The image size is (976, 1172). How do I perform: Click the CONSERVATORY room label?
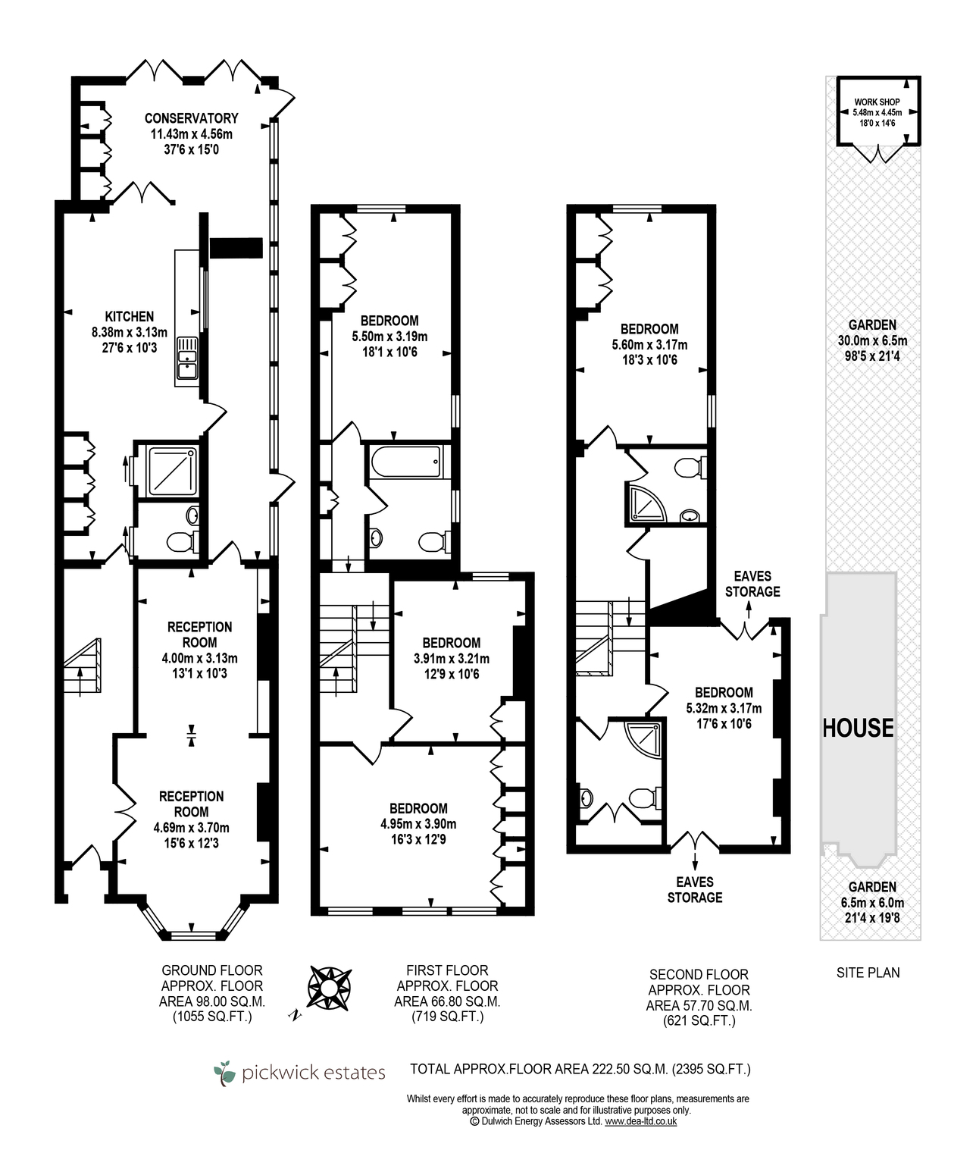point(192,118)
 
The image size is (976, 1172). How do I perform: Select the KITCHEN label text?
point(129,317)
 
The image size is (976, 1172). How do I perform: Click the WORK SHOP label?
point(877,102)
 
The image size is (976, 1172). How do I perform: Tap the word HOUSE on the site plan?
point(858,728)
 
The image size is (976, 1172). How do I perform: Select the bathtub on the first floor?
point(406,462)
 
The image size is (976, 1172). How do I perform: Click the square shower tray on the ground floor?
point(172,471)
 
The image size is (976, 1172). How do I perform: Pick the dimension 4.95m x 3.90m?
point(418,824)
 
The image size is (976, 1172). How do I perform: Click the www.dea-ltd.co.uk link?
point(640,1136)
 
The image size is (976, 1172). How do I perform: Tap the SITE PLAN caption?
point(868,973)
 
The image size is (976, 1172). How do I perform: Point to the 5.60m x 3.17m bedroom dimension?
point(649,345)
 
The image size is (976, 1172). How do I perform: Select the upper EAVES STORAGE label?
point(752,584)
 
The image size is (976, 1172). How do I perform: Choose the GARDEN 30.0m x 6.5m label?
point(872,340)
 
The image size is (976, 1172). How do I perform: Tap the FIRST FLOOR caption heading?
point(447,970)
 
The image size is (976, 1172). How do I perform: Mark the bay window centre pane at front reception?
point(192,935)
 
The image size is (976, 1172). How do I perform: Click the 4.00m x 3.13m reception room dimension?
point(200,658)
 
